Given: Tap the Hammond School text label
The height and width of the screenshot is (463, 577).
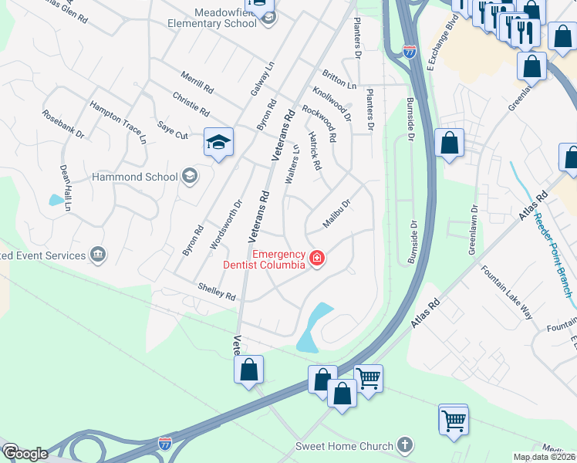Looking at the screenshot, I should click(x=134, y=177).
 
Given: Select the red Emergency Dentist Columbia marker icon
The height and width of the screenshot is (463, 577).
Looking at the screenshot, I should click(x=316, y=257).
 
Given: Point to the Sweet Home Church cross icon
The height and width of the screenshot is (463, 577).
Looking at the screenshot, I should click(x=406, y=445).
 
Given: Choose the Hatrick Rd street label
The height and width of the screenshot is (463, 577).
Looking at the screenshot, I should click(x=315, y=151).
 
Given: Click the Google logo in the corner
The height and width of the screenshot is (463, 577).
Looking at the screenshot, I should click(x=25, y=454).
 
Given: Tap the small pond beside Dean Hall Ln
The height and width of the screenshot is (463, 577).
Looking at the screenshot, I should click(x=56, y=200).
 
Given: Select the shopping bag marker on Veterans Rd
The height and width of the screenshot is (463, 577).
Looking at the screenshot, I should click(x=249, y=369).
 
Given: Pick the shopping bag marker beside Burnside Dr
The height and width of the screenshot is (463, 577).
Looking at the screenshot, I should click(x=449, y=143).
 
